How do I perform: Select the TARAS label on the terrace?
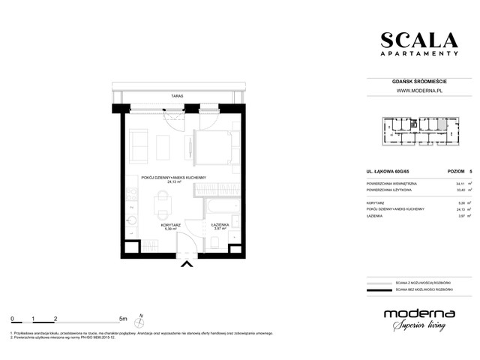[x=176, y=97]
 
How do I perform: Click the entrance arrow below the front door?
[x=187, y=263]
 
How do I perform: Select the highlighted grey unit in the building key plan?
[x=442, y=121]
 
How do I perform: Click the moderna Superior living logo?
[x=417, y=318]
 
